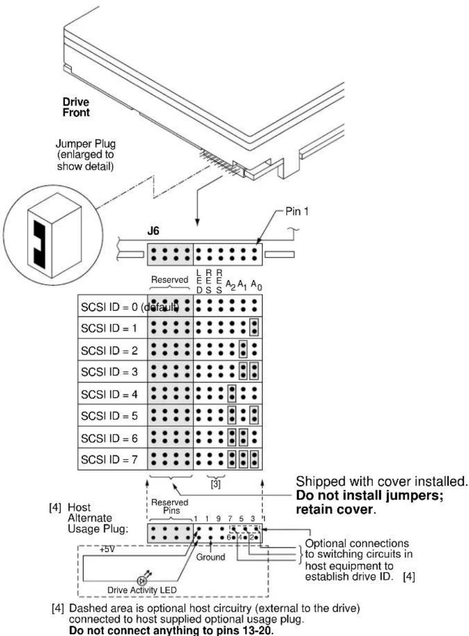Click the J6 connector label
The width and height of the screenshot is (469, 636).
[x=153, y=231]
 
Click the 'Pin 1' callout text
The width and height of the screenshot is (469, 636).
[x=297, y=211]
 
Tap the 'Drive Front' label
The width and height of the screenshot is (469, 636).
[x=76, y=107]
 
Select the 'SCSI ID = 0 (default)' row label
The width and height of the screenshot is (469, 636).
[x=130, y=307]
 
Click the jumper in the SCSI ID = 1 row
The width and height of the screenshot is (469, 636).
[x=254, y=327]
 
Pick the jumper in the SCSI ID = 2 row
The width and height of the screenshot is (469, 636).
[x=243, y=349]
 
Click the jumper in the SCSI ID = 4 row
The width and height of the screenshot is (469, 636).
[x=232, y=393]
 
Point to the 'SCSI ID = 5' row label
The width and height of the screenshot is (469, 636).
[x=109, y=416]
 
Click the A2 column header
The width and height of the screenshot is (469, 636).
[x=231, y=284]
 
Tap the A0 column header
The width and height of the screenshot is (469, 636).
[x=256, y=285]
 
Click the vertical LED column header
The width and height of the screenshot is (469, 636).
[x=199, y=281]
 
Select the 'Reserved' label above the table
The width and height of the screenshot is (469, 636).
[x=170, y=280]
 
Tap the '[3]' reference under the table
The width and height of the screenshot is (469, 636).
[x=216, y=485]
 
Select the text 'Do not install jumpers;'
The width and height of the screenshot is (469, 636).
[x=370, y=496]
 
